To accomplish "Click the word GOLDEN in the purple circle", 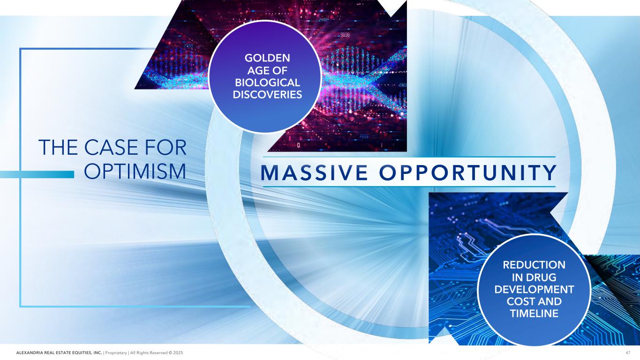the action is (267, 58).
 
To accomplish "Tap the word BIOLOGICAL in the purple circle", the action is (267, 82).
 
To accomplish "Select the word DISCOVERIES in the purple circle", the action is (267, 95).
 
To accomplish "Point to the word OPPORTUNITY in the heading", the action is (468, 172).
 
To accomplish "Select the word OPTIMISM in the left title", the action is (135, 172).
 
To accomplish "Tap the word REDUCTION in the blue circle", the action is (534, 265).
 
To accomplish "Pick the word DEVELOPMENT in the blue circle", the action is (534, 289).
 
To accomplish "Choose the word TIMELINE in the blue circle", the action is (534, 314).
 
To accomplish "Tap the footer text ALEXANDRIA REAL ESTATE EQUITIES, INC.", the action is (59, 353).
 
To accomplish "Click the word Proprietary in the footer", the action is (116, 353).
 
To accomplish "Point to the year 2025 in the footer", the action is (178, 353).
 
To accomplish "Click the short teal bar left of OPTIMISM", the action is (37, 174).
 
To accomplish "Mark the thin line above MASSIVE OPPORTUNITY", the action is (409, 157).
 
